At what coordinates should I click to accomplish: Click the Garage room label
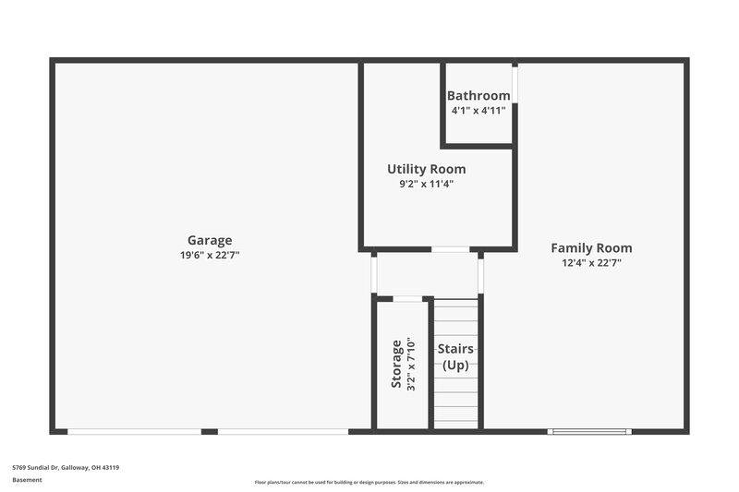(210, 240)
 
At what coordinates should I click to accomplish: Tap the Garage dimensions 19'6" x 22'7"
(210, 255)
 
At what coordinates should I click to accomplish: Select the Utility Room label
(426, 169)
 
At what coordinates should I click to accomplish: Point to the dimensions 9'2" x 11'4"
(426, 184)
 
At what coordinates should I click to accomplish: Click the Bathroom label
(479, 96)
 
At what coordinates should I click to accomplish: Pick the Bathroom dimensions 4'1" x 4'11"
(479, 110)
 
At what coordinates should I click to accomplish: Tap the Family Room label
(591, 247)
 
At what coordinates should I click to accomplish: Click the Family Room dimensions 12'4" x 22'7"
(591, 262)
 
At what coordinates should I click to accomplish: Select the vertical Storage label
(396, 364)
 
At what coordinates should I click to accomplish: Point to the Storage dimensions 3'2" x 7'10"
(411, 364)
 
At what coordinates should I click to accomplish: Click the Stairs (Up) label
(455, 356)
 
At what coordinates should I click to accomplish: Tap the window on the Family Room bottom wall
(588, 431)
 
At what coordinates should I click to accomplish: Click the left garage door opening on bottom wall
(134, 431)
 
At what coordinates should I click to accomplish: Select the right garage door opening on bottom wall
(283, 431)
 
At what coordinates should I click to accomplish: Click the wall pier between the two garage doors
(210, 431)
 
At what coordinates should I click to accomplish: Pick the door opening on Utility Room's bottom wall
(451, 249)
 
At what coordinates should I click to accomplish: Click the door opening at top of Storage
(407, 298)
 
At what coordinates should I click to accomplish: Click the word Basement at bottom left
(27, 480)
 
